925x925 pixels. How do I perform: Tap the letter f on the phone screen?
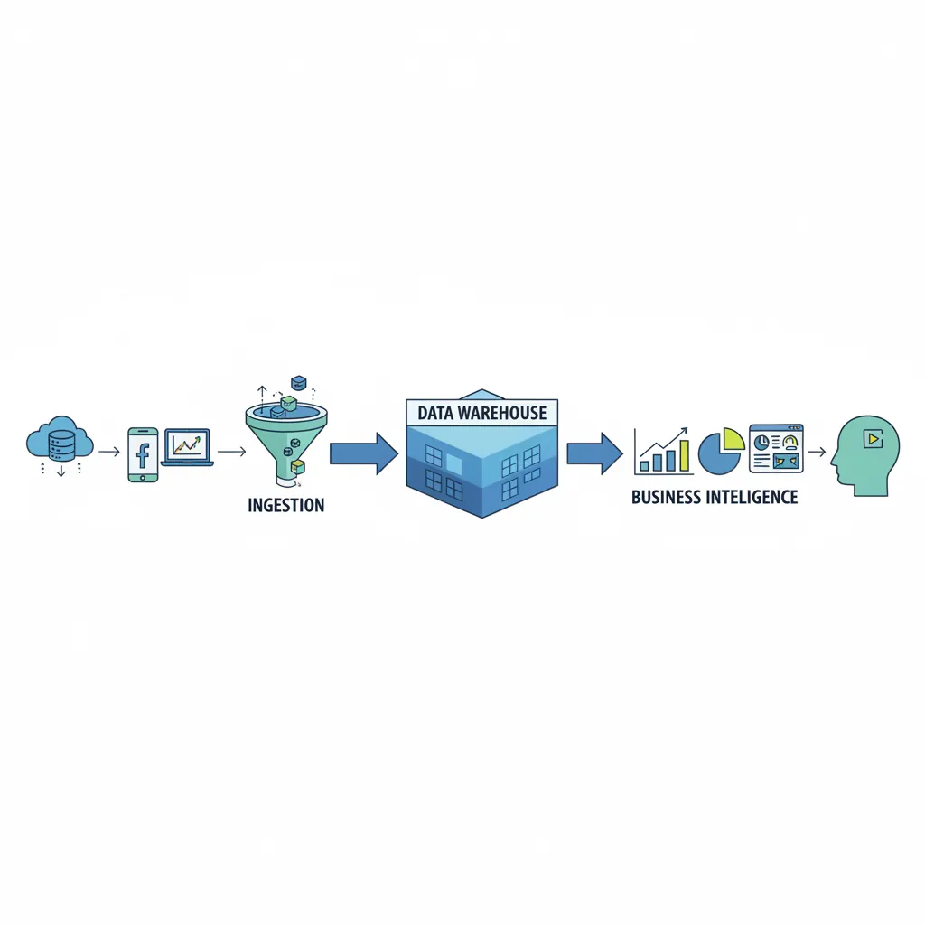tap(143, 453)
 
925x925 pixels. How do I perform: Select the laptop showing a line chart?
tap(187, 448)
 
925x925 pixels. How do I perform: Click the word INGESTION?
tap(285, 505)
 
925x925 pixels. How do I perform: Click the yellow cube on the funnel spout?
tap(297, 467)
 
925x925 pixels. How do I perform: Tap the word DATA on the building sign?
tap(434, 413)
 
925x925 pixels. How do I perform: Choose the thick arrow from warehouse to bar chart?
tap(593, 453)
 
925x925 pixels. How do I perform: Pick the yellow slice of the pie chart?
tap(733, 439)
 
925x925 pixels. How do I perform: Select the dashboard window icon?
tap(776, 449)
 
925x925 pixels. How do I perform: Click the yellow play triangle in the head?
tap(872, 439)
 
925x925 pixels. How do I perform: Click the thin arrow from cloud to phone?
tap(109, 450)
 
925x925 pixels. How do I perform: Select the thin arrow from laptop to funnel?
tap(231, 450)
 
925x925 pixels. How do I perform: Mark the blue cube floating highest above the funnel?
tap(297, 383)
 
